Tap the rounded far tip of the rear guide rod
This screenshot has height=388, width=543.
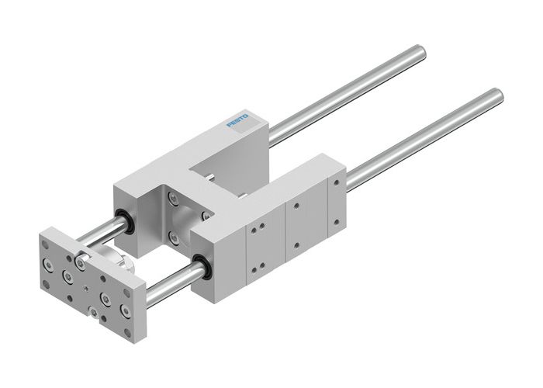coord(420,52)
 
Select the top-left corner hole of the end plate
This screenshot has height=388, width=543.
coord(44,244)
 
